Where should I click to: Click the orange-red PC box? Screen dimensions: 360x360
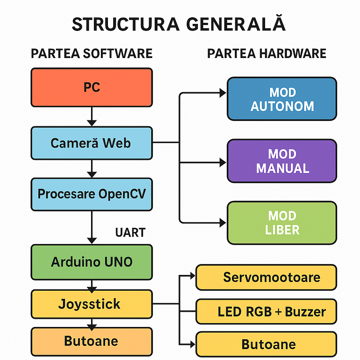tap(92, 87)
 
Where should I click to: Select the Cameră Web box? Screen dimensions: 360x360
tap(92, 143)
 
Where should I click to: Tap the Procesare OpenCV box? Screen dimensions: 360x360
tap(92, 194)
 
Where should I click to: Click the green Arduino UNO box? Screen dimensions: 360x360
tap(92, 262)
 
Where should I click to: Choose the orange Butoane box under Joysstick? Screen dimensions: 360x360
tap(92, 341)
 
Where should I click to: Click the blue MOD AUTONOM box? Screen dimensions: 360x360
tap(282, 99)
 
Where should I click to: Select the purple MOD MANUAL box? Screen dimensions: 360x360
tap(282, 161)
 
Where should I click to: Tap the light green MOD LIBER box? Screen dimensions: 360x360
tap(282, 223)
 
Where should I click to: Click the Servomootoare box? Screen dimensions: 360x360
tap(266, 277)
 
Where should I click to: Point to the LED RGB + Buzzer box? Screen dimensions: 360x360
tap(266, 311)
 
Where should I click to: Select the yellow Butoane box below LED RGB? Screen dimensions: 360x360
tap(266, 344)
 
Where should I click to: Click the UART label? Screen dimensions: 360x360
tap(130, 232)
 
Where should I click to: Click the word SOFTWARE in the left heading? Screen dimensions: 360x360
tap(117, 53)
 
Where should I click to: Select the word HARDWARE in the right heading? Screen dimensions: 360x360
tap(292, 53)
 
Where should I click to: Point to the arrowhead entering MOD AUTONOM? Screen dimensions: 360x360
tap(223, 93)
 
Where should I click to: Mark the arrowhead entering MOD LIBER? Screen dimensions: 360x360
tap(223, 222)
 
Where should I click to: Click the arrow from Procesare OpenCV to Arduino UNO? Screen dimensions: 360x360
tap(92, 227)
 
